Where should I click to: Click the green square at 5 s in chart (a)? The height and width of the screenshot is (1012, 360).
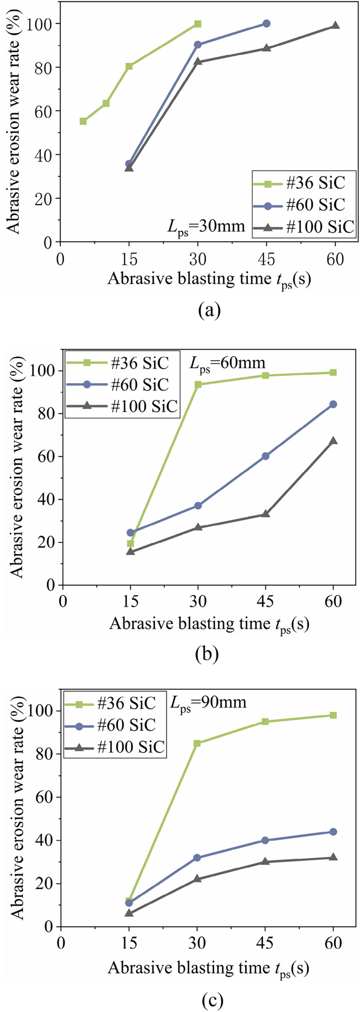coord(83,121)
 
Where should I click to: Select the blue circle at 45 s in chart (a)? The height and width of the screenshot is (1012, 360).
coord(266,24)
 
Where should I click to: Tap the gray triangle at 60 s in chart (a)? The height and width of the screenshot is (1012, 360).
coord(335,26)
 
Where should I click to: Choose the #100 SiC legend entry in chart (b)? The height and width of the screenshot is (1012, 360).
coord(124,407)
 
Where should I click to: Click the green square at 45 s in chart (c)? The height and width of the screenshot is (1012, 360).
coord(265,722)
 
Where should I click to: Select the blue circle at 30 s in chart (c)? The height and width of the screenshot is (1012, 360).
coord(197,858)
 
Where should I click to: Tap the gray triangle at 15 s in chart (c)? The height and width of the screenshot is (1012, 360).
coord(129,898)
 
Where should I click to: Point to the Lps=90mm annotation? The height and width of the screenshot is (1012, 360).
coord(209,702)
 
